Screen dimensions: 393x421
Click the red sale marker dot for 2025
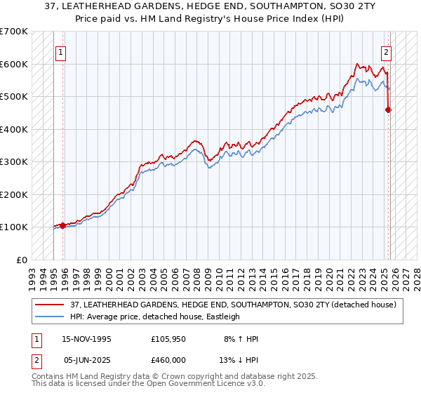coord(388,109)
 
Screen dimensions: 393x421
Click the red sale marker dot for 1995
coord(63,225)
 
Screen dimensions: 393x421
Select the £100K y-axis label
coord(14,227)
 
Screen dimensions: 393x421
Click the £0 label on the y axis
coord(21,260)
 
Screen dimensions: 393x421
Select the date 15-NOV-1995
coord(88,339)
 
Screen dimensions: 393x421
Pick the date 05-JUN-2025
coord(88,360)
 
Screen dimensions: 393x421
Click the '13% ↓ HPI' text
coord(239,360)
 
